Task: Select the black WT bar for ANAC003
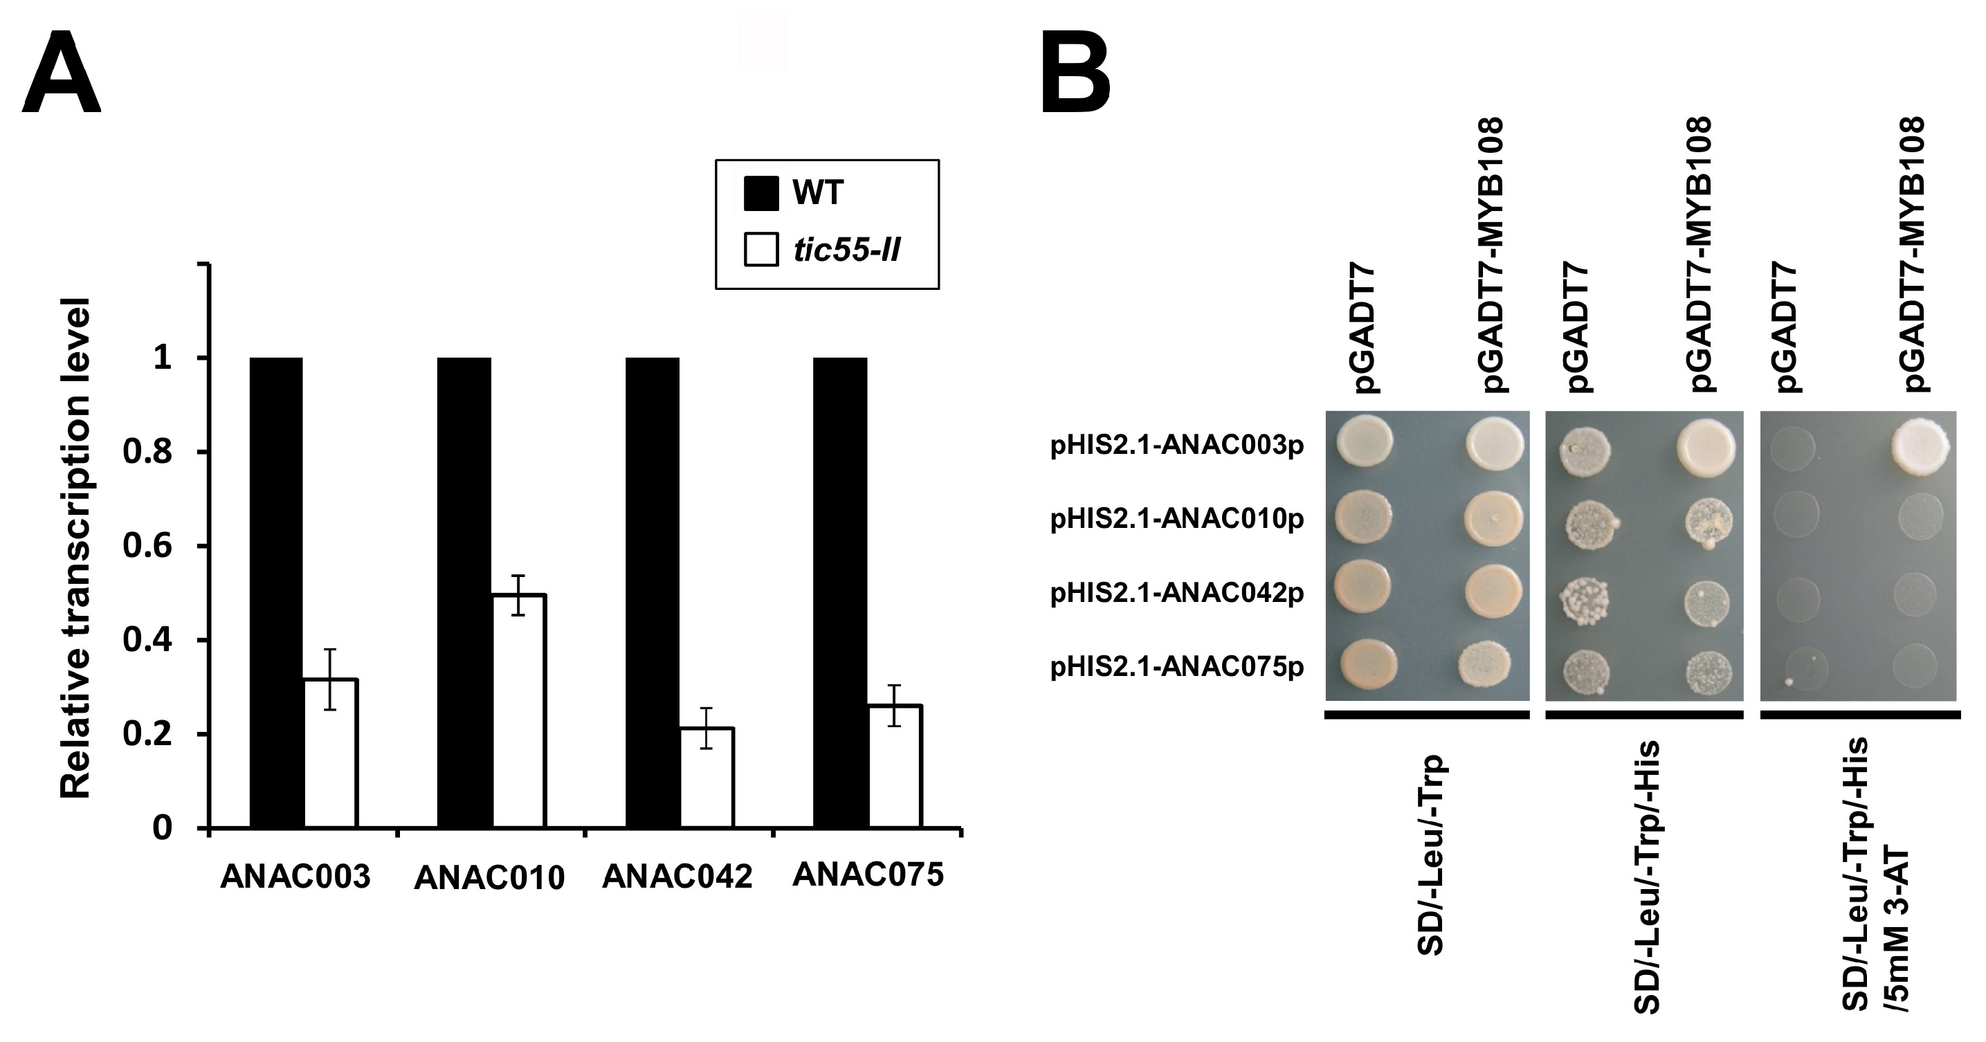(276, 593)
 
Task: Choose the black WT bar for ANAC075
(840, 593)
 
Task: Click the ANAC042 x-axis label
(677, 877)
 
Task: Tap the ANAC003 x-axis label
(295, 877)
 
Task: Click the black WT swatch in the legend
(760, 192)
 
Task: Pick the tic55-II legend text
(846, 250)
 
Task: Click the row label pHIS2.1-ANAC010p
(1176, 520)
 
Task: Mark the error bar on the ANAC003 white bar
(330, 678)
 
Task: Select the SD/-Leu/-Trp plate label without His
(1430, 855)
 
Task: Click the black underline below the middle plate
(1644, 715)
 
